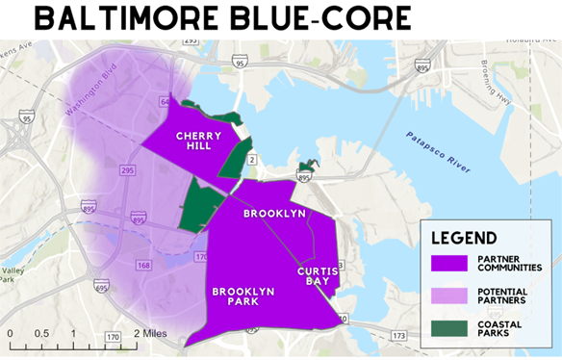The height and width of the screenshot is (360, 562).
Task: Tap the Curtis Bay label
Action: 318,277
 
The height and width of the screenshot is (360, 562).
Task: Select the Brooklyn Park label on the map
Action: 243,296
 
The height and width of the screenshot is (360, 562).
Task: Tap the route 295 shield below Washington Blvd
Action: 127,168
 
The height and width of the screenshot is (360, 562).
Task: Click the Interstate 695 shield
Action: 101,286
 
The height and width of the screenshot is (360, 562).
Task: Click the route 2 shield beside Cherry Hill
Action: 251,158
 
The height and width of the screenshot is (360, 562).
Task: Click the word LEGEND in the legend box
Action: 464,238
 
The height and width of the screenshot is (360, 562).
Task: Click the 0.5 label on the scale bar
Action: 41,333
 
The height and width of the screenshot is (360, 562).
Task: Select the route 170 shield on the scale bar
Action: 112,337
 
